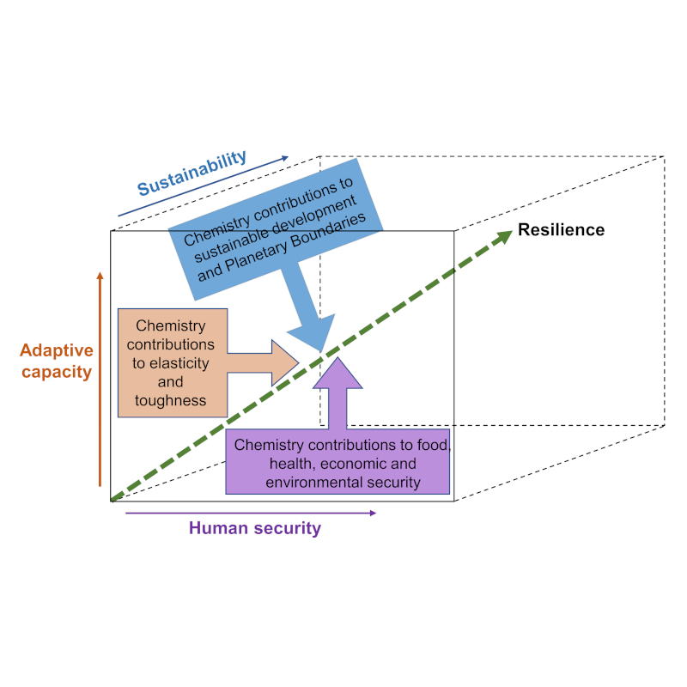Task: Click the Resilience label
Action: click(x=561, y=230)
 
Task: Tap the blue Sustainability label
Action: click(x=192, y=173)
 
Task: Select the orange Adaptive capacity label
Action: click(x=56, y=362)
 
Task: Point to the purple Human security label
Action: click(x=254, y=528)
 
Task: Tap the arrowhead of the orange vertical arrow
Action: click(x=100, y=276)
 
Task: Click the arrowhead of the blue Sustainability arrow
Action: click(x=286, y=159)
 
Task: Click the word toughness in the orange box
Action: click(x=171, y=400)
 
